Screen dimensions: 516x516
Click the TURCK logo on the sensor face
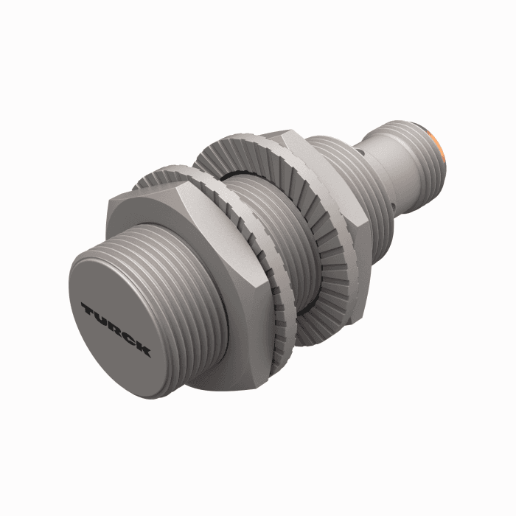tap(116, 329)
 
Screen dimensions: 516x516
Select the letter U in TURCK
tap(101, 318)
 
